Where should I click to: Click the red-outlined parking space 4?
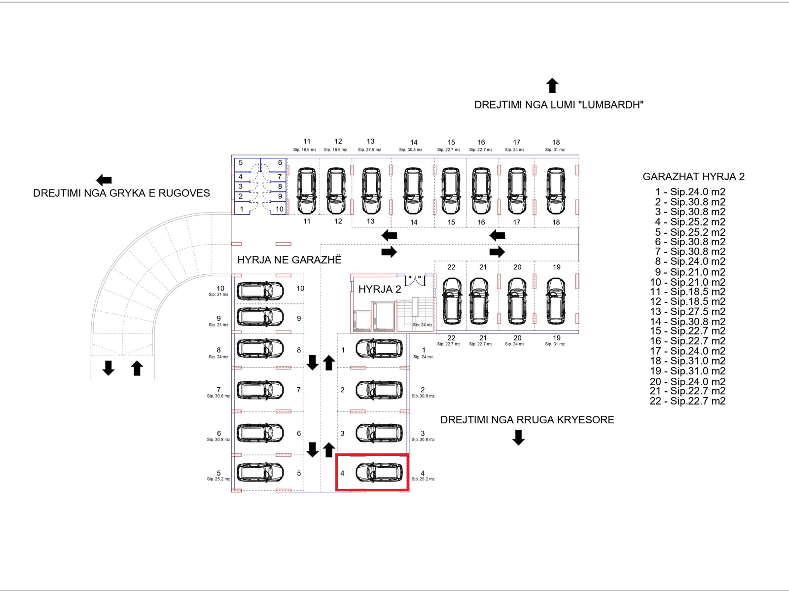coord(372,473)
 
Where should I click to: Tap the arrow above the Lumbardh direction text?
coord(552,86)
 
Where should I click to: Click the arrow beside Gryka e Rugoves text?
coord(104,180)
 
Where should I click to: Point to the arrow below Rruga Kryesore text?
coord(518,438)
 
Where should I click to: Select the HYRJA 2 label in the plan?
coord(380,290)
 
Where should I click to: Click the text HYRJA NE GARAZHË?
coord(289,260)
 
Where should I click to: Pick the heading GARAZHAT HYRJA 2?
coord(693,177)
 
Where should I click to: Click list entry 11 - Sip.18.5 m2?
coord(687,292)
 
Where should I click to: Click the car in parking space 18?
coord(556,191)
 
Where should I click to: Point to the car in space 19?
coord(556,301)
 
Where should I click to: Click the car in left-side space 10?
coord(260,291)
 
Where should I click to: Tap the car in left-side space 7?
coord(260,390)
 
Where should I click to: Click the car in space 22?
coord(451,301)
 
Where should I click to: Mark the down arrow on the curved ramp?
coord(108,368)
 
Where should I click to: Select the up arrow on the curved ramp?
coord(137,368)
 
